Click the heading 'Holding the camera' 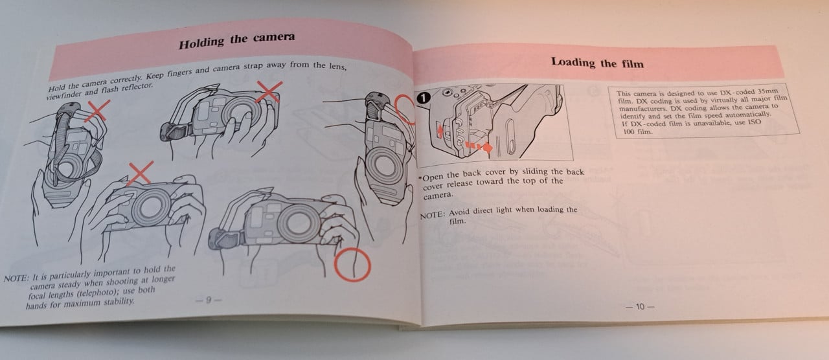tap(237, 40)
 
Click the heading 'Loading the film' tap(597, 63)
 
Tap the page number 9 tap(209, 300)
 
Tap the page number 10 tap(640, 307)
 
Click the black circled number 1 tap(424, 98)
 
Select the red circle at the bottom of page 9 tap(352, 265)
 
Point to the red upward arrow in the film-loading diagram tap(440, 130)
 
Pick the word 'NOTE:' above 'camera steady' tap(16, 278)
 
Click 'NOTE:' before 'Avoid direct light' tap(432, 215)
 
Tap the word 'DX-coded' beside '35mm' tap(738, 92)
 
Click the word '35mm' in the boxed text tap(768, 91)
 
